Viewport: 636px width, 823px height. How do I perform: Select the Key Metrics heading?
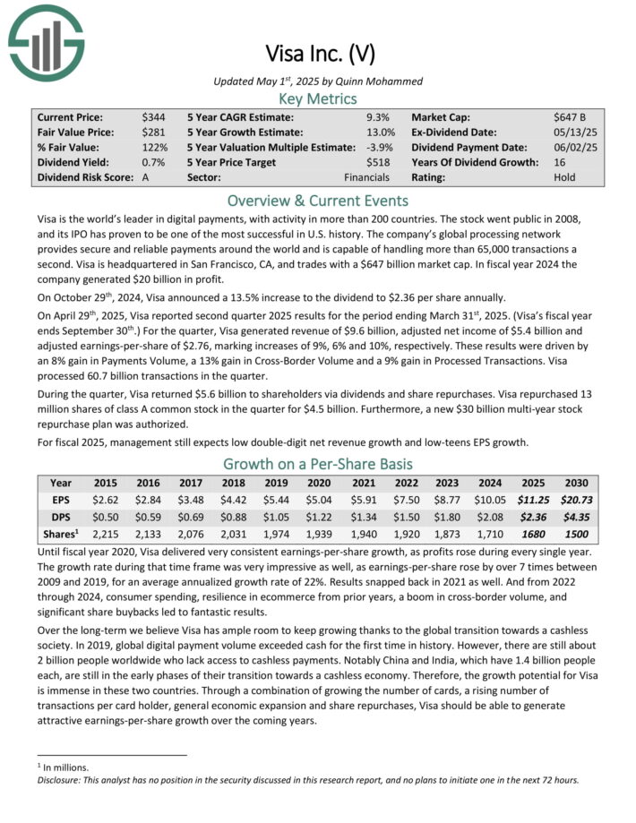tap(317, 99)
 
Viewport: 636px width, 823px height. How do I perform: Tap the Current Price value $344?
tap(152, 117)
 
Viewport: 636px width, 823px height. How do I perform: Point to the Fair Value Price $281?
tap(152, 133)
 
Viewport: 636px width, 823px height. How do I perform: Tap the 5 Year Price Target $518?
tap(380, 162)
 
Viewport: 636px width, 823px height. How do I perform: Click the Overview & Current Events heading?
tap(317, 201)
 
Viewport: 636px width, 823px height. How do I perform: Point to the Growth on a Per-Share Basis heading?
tap(317, 464)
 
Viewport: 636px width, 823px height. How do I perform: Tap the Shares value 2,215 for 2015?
tap(105, 535)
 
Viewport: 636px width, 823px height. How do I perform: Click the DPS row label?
tap(62, 518)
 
